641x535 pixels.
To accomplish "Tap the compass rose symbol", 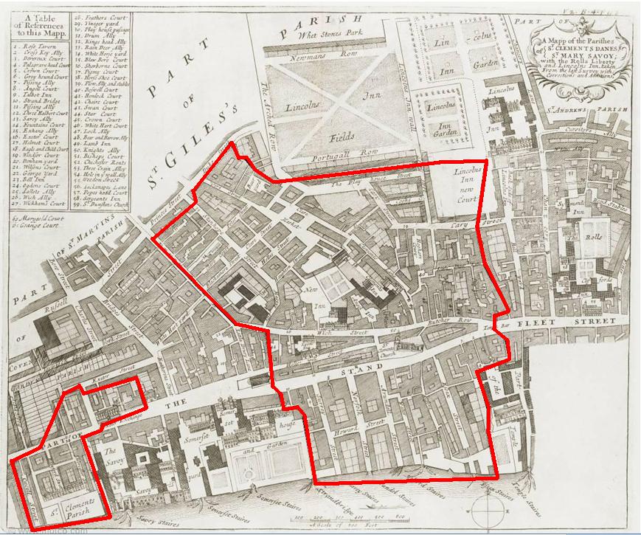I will [484, 512].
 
